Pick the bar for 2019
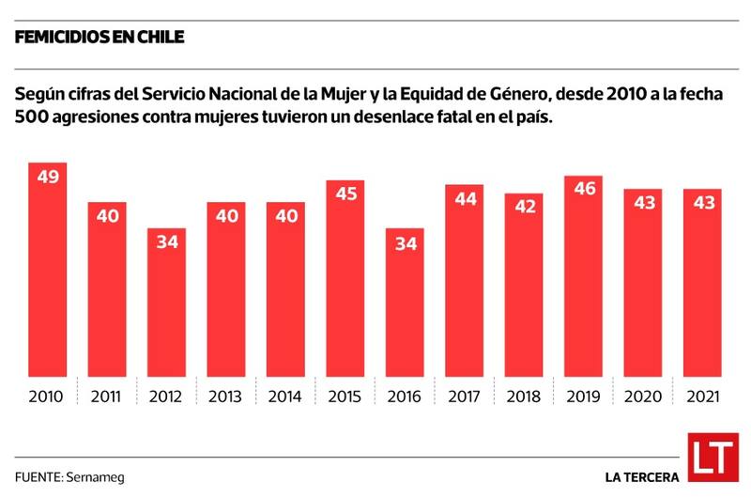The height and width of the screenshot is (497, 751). tap(584, 277)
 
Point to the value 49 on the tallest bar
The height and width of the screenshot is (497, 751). tap(46, 178)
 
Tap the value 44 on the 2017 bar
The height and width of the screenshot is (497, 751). tap(464, 200)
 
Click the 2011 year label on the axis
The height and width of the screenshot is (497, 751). tap(106, 396)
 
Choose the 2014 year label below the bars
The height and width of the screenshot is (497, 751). tap(284, 396)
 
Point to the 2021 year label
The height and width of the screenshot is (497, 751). tap(703, 396)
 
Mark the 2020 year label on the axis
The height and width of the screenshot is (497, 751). tap(643, 396)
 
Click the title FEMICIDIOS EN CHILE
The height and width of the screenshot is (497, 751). tap(99, 38)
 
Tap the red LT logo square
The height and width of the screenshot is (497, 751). tap(712, 459)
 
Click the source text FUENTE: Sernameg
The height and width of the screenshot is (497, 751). tap(69, 476)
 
